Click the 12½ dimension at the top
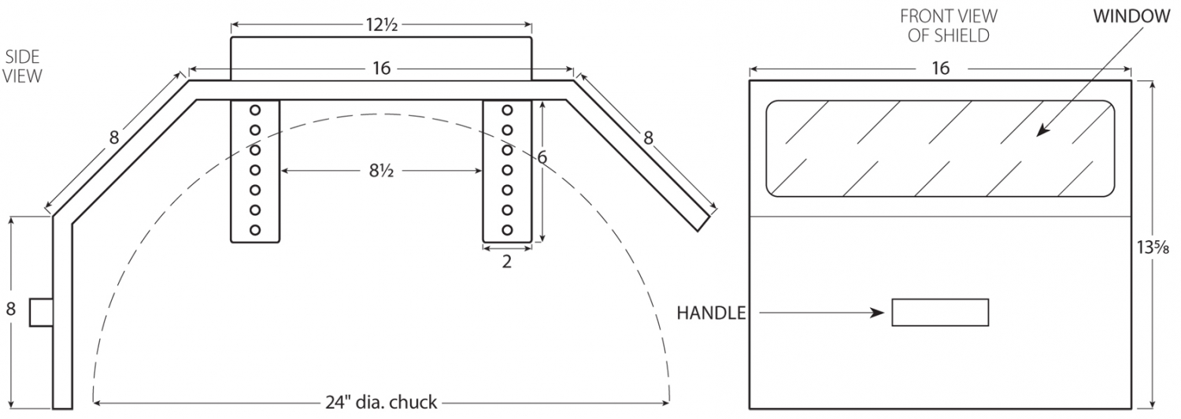(381, 24)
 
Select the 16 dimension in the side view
(381, 69)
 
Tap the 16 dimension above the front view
(940, 69)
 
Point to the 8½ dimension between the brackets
(381, 170)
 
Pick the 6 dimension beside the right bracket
(542, 158)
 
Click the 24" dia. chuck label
(381, 402)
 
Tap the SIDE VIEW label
(23, 66)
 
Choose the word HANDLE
(711, 313)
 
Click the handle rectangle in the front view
(939, 312)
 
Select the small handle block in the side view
(41, 312)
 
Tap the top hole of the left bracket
(255, 109)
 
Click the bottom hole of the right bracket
(507, 229)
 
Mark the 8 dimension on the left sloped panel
(114, 138)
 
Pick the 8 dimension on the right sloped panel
(648, 138)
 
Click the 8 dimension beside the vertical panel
(11, 310)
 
